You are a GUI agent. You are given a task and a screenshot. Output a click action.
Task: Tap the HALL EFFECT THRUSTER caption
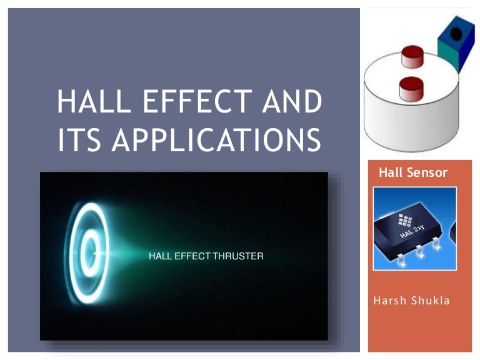(x=206, y=256)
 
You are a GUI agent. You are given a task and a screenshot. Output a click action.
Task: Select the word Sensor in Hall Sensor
(x=427, y=172)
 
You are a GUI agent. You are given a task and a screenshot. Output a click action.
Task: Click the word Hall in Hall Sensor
(x=391, y=172)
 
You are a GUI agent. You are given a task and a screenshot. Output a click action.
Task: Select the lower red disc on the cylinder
(x=411, y=87)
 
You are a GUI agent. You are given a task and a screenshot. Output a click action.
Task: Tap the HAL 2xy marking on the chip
(x=414, y=231)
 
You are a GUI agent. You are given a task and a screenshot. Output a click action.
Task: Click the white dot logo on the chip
(x=404, y=221)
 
